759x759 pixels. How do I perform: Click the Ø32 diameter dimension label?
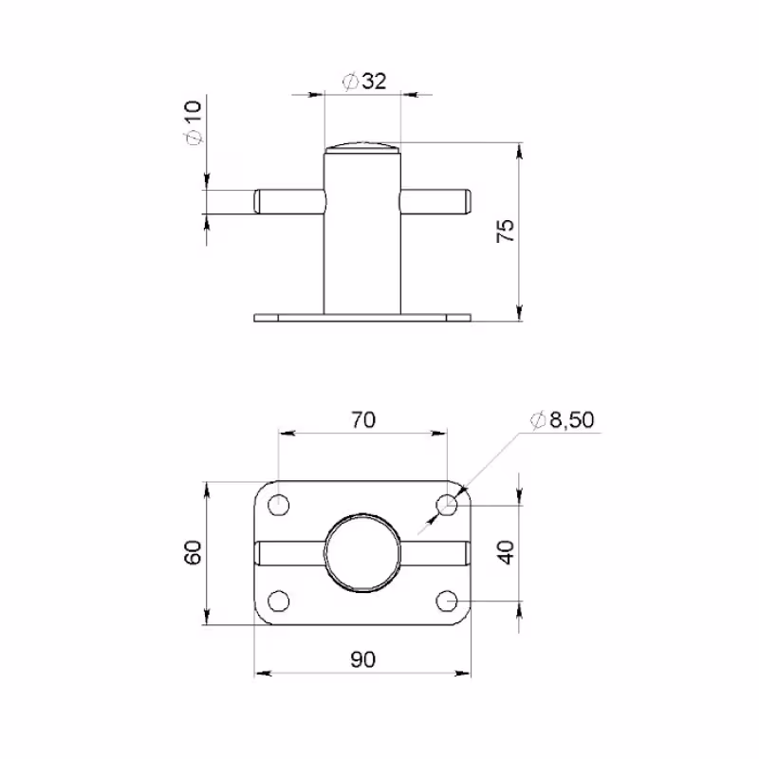pos(364,82)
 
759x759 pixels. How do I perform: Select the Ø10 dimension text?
pos(193,122)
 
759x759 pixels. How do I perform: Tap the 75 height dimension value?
pos(506,231)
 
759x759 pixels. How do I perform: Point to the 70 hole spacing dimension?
pos(363,419)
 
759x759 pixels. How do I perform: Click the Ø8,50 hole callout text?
pos(562,419)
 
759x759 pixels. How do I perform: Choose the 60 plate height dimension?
pos(193,552)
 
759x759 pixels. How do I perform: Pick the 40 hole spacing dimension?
pos(507,552)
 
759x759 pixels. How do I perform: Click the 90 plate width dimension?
pos(363,659)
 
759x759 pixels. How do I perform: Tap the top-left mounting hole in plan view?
pos(278,506)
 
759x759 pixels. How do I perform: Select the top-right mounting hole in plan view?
pos(447,505)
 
